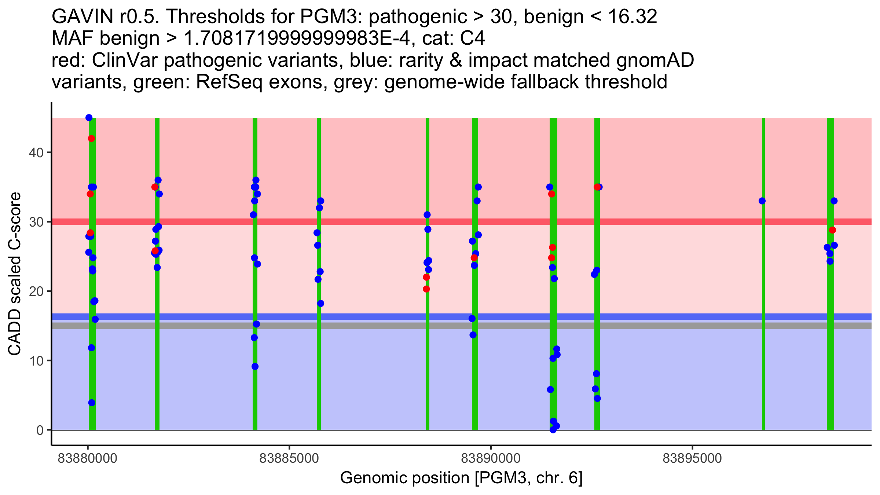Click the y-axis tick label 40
[36, 153]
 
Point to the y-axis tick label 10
[36, 361]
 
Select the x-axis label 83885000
[289, 458]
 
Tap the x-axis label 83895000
[692, 458]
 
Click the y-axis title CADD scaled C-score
[15, 274]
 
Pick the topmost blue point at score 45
[89, 118]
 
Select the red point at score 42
[91, 139]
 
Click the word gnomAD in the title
[655, 60]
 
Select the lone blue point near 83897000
[762, 201]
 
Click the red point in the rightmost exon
[832, 230]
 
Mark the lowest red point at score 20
[426, 289]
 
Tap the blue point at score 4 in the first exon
[92, 403]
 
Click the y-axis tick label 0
[40, 430]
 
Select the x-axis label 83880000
[87, 458]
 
